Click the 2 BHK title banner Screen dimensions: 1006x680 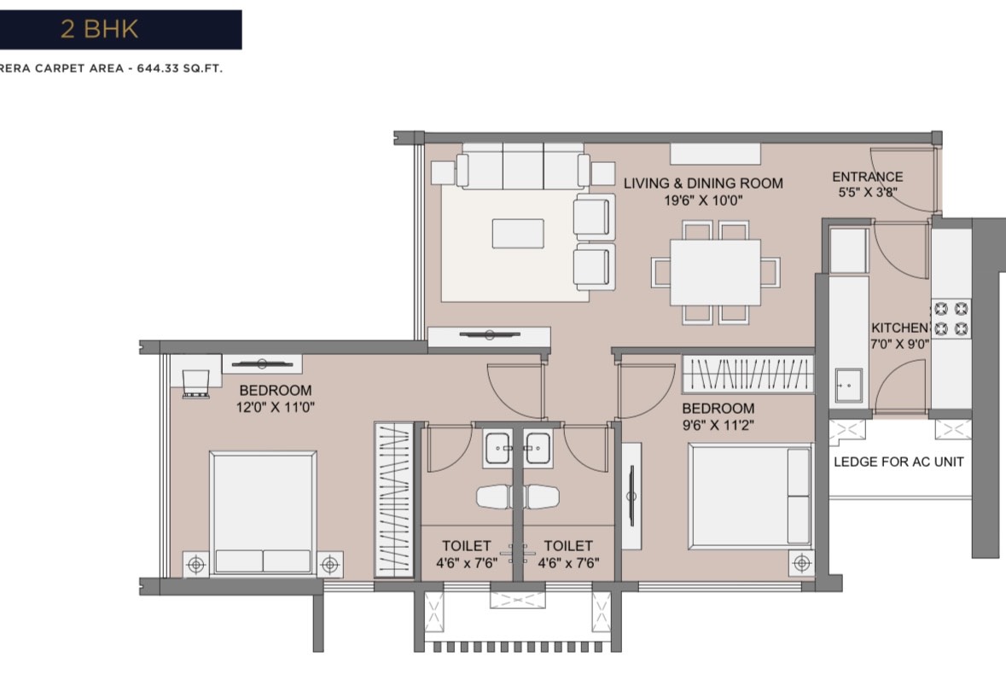click(120, 30)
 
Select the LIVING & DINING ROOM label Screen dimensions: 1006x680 click(703, 183)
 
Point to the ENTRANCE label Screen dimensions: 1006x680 click(868, 177)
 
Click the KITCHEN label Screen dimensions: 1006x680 click(899, 328)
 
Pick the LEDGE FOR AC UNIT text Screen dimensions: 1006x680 click(898, 462)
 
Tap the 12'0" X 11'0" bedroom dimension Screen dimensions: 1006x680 click(276, 407)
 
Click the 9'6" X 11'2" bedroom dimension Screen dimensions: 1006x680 click(718, 425)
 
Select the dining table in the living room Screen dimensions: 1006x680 click(715, 272)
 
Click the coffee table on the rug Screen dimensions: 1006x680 click(518, 233)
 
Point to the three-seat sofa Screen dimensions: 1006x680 click(523, 166)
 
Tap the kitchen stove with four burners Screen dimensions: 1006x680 click(951, 319)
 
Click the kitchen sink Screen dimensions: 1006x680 click(848, 386)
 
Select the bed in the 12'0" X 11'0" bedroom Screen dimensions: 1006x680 click(263, 513)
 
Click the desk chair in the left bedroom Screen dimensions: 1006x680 click(195, 384)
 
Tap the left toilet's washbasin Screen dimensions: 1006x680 click(497, 448)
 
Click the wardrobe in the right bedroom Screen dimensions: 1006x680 click(747, 374)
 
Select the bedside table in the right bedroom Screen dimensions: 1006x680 click(801, 563)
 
